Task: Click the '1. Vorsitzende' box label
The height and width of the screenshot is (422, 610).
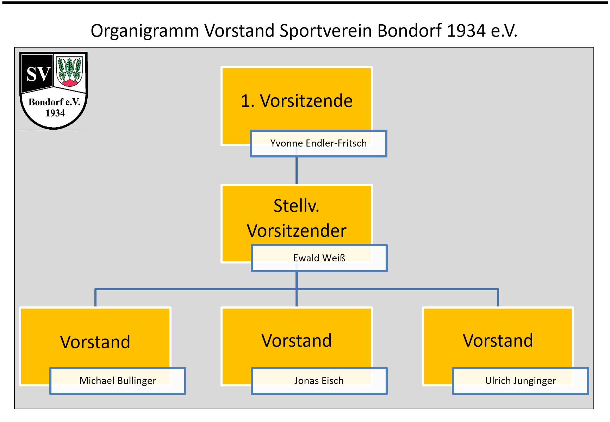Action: pos(297,101)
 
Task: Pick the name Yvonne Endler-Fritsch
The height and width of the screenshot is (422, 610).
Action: pos(318,143)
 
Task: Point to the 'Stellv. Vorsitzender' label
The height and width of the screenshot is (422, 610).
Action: pos(297,218)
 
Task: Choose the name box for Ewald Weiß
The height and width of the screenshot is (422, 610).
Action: pos(319,258)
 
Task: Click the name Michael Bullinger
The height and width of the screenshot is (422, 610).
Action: pos(118,381)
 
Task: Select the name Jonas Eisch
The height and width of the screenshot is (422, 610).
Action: pos(319,381)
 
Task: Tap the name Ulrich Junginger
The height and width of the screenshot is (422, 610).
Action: pos(521,381)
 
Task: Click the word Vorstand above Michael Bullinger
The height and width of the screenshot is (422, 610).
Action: pos(95,342)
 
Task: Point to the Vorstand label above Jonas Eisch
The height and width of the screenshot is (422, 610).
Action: pos(297,341)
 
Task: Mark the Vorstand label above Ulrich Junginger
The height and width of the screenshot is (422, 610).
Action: pos(498,341)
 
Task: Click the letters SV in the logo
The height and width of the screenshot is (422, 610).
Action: pos(38,74)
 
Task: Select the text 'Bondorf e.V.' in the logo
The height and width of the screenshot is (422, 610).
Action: pos(54,102)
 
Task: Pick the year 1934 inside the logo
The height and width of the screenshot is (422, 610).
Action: pos(55,113)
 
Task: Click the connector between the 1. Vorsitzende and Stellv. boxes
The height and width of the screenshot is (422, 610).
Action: pos(297,170)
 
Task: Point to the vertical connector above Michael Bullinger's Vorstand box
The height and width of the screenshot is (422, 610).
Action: pos(95,298)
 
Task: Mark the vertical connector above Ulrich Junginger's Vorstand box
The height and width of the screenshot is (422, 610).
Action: pos(498,298)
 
